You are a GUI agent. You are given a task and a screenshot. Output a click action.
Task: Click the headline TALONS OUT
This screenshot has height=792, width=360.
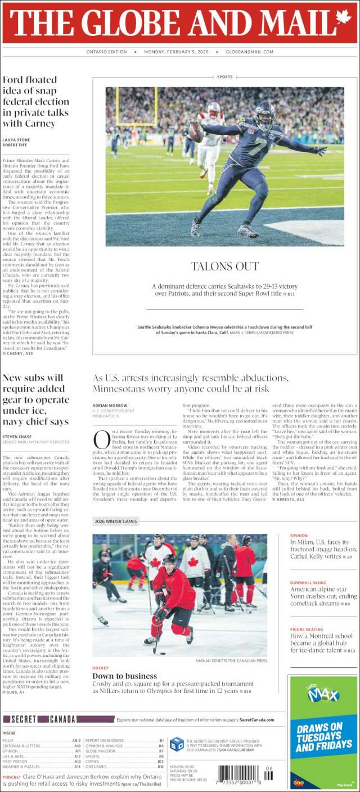[x=224, y=266]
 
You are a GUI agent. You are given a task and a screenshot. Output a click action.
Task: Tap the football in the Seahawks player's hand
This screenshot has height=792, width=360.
[x=196, y=132]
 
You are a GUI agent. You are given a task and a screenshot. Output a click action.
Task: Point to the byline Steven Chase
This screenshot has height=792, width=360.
[x=17, y=436]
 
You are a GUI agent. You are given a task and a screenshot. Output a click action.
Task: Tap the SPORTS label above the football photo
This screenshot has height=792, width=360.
[x=224, y=76]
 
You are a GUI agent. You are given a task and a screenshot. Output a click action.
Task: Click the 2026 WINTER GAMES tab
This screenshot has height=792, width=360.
[x=116, y=521]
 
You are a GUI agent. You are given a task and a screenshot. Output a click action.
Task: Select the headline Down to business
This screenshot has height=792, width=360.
[x=124, y=676]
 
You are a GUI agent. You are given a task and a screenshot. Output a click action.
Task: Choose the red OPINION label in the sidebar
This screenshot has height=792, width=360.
[x=299, y=535]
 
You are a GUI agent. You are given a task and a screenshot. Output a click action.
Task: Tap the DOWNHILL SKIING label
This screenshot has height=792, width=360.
[x=308, y=583]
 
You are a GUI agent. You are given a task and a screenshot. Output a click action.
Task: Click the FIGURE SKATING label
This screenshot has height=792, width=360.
[x=307, y=629]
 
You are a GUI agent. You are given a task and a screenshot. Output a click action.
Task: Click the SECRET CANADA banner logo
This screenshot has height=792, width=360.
[x=39, y=719]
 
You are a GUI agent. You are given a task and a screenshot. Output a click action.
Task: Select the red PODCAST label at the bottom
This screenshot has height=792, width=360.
[x=12, y=777]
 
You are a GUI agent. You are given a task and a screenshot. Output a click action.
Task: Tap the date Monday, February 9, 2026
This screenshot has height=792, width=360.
[x=176, y=52]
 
